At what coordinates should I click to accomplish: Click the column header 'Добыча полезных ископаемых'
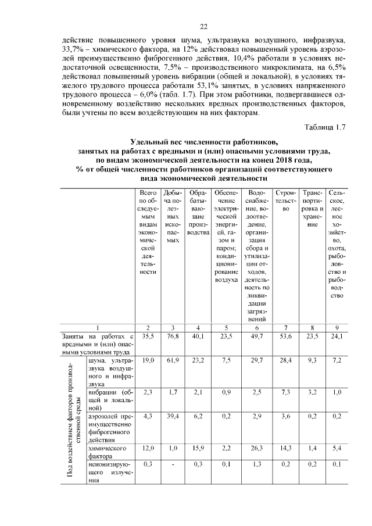coord(173,216)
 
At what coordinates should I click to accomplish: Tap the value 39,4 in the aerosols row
coord(173,416)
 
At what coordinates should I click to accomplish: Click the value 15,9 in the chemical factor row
coord(199,449)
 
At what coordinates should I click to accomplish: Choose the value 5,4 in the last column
coord(337,449)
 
